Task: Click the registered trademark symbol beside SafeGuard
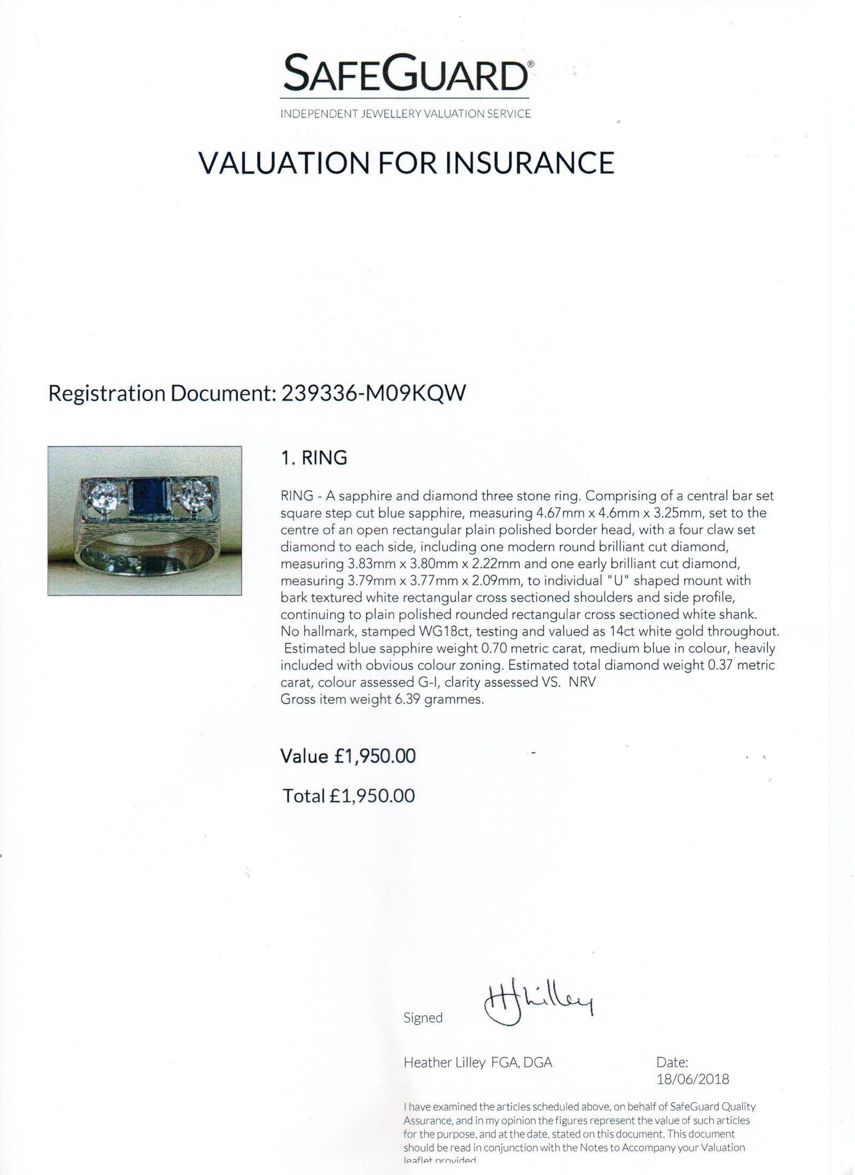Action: tap(530, 63)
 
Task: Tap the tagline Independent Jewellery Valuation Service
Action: tap(406, 114)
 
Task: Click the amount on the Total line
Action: tap(372, 796)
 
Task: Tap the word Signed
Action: tap(423, 1017)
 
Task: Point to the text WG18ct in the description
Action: tap(437, 631)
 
